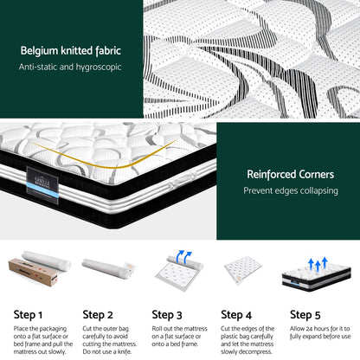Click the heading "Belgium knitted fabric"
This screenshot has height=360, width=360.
(71, 51)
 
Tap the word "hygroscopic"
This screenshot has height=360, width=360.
(99, 67)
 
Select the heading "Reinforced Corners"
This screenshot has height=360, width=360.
(291, 174)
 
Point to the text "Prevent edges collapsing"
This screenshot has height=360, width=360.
(291, 190)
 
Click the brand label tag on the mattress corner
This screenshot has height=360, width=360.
(42, 185)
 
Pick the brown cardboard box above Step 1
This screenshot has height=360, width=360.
(33, 272)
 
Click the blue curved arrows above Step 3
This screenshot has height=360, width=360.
(183, 256)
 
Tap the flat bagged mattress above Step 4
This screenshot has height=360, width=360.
(242, 270)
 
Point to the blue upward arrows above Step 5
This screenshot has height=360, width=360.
(318, 264)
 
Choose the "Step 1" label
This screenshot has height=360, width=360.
(28, 315)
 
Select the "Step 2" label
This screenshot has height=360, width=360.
(98, 315)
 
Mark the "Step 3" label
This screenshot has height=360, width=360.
(167, 315)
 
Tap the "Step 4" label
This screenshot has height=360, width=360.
(236, 315)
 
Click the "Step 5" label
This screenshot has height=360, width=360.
(305, 315)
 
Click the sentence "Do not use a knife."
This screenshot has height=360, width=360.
(107, 351)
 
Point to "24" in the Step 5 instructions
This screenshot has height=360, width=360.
(309, 329)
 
